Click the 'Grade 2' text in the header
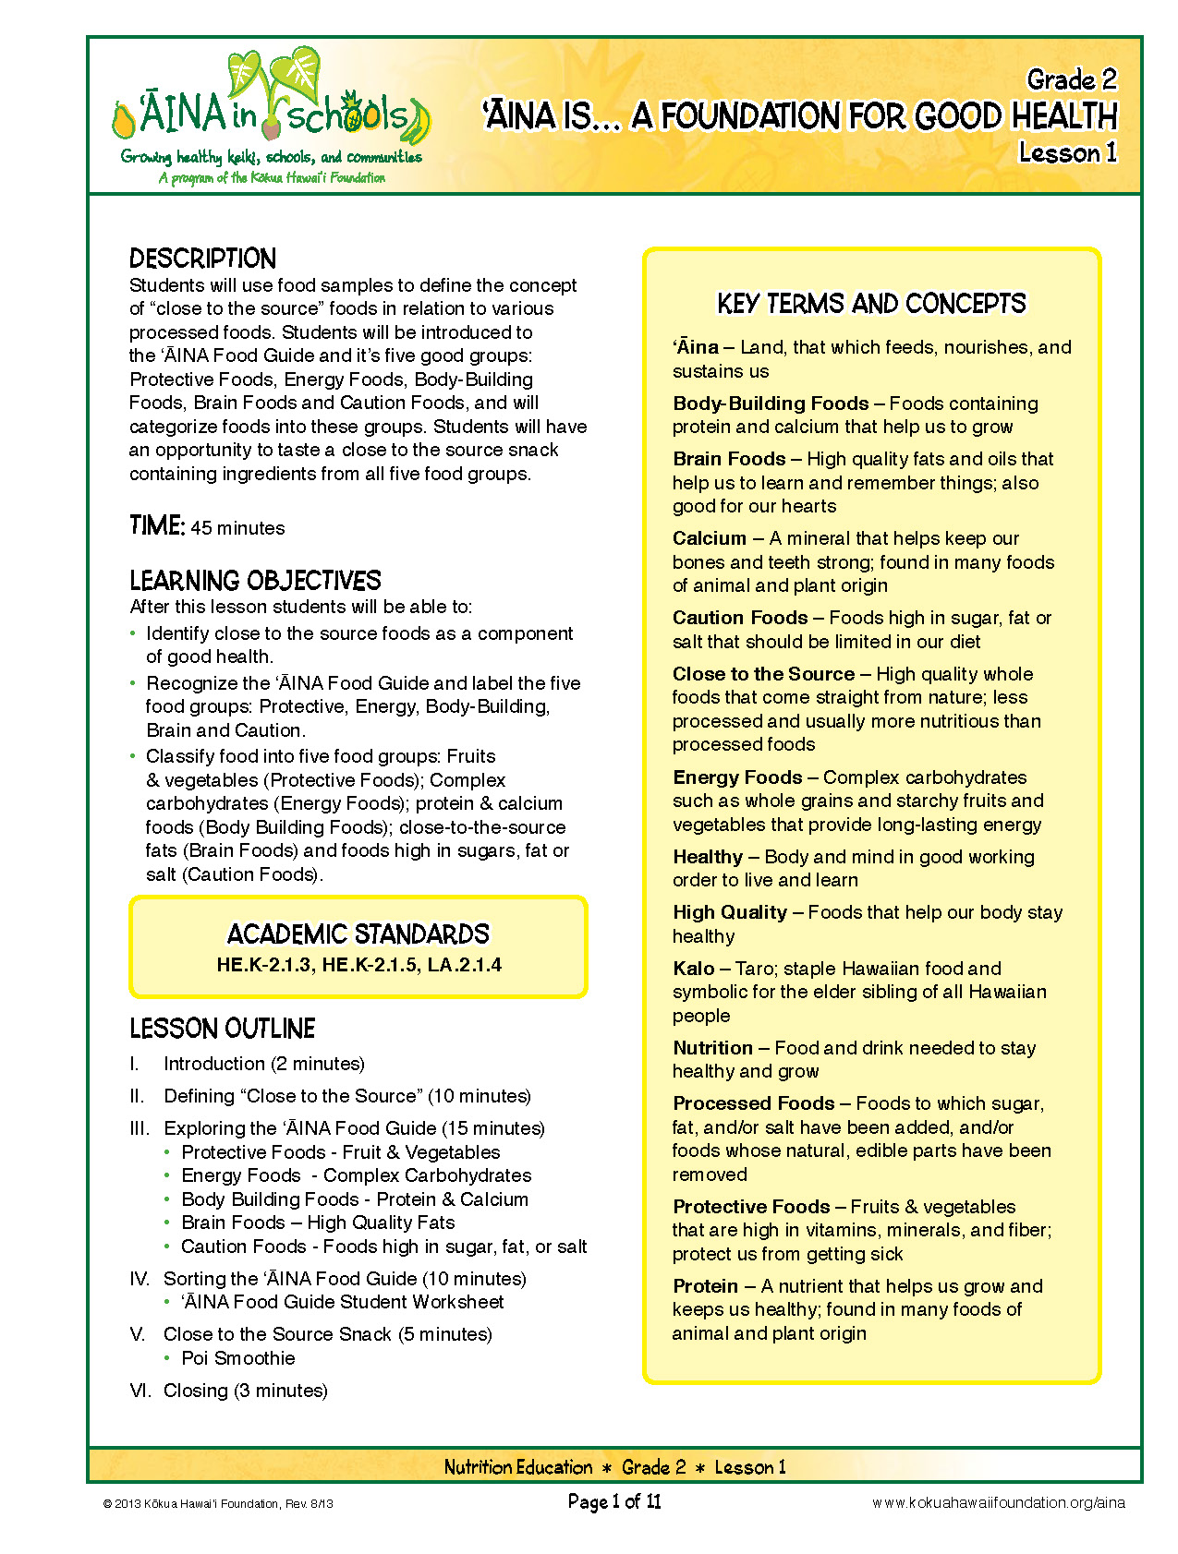(1071, 80)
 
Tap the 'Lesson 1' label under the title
(1067, 152)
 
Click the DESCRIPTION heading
(202, 259)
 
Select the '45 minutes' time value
(237, 528)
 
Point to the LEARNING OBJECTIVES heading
(255, 581)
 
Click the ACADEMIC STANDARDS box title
(358, 934)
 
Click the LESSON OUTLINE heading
(222, 1029)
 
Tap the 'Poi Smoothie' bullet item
(238, 1358)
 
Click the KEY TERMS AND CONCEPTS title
(871, 304)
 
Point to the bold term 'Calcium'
(709, 538)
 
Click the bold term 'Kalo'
(693, 969)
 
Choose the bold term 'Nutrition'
(712, 1048)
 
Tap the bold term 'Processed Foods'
(753, 1103)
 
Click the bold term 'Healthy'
(707, 857)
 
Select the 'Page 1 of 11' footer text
(614, 1502)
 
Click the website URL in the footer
(998, 1503)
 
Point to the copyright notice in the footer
(218, 1504)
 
